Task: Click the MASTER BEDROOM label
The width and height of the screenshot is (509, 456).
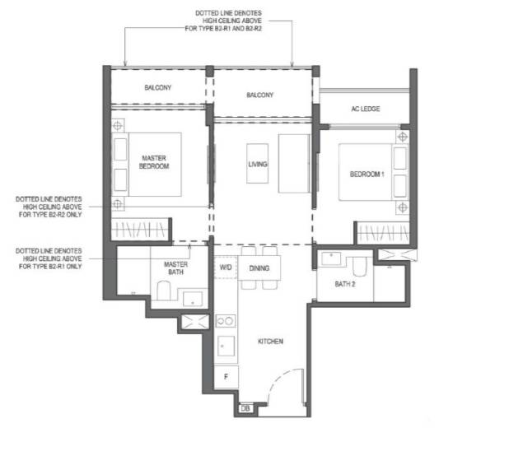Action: point(154,162)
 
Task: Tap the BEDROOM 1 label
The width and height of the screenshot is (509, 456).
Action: point(367,174)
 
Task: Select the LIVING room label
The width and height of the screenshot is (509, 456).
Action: point(258,164)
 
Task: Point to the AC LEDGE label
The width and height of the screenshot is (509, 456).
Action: point(366,109)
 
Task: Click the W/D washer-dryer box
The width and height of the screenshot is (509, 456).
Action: point(226,268)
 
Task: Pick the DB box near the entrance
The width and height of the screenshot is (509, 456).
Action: point(245,408)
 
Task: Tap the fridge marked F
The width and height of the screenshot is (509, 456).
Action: point(226,376)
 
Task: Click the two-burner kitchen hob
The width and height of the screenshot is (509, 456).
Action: point(226,321)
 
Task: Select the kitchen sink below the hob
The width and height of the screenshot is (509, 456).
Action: point(226,346)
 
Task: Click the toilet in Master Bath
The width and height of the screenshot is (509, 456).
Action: point(164,291)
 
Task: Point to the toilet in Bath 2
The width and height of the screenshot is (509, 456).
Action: point(359,266)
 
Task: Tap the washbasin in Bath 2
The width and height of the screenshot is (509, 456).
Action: point(331,258)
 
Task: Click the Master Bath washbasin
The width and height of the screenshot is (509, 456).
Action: point(193,299)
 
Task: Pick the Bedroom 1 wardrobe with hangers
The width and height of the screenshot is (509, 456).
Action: point(383,233)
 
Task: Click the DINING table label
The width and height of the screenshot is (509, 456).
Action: point(259,268)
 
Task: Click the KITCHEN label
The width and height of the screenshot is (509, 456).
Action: point(270,342)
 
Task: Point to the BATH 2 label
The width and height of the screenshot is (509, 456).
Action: point(345,284)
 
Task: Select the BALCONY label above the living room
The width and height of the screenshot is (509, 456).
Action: point(259,95)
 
